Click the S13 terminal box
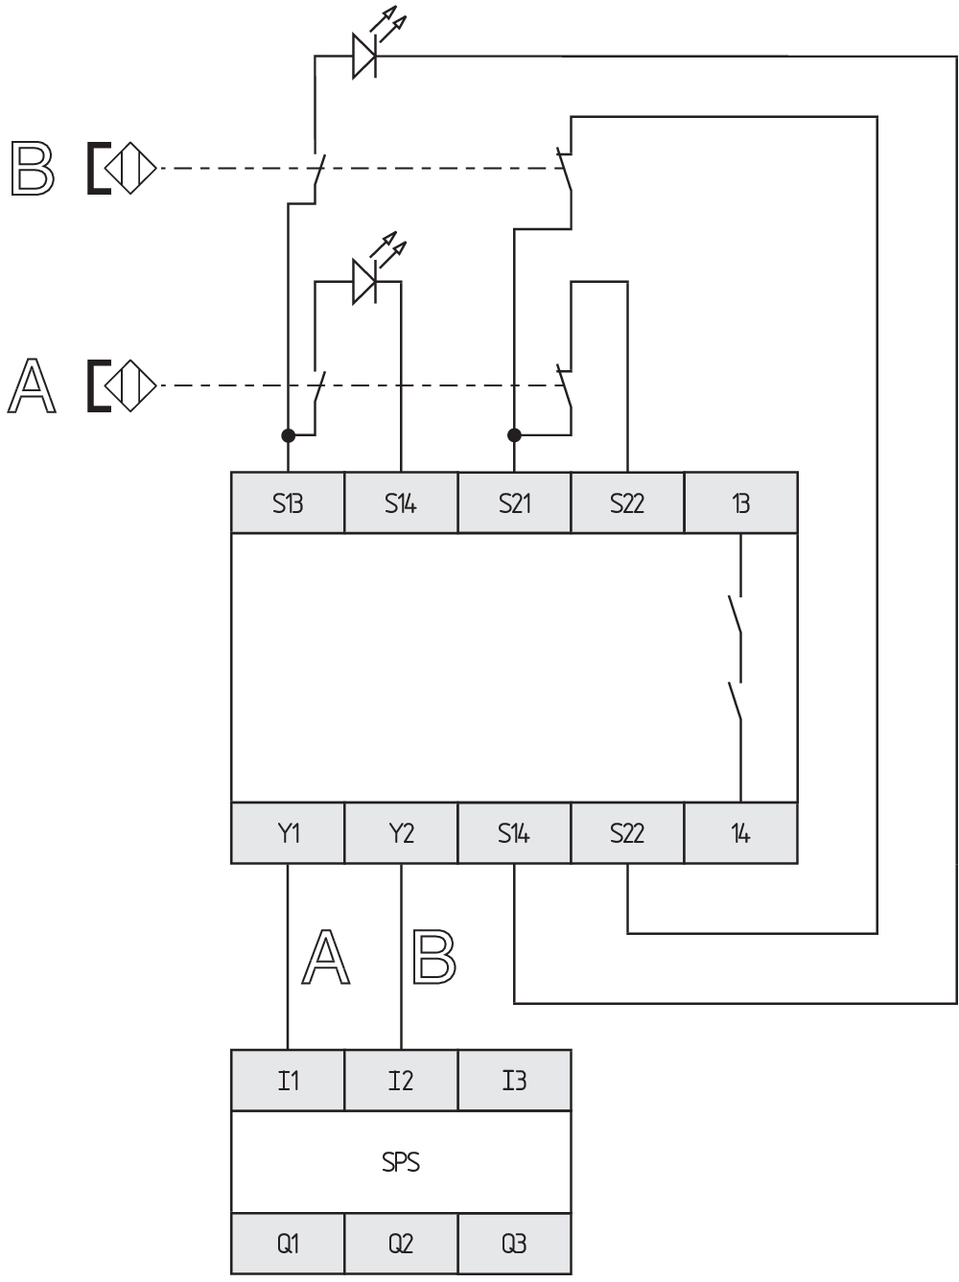coord(288,502)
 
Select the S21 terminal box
coord(514,502)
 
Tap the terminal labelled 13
coord(740,502)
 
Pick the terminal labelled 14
coord(740,832)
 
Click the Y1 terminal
coord(288,832)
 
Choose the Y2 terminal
coord(401,832)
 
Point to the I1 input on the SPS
coord(288,1081)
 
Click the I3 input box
coord(514,1081)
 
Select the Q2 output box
coord(401,1244)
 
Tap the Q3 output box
coord(514,1244)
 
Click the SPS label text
coord(401,1161)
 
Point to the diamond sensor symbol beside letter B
coord(130,168)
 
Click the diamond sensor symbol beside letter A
coord(130,385)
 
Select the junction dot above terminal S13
coord(288,435)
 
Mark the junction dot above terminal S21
coord(514,435)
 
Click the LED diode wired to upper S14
coord(364,282)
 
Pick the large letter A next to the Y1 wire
coord(326,957)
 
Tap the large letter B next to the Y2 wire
coord(434,957)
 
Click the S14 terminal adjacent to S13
coord(401,502)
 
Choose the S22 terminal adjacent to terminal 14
coord(627,832)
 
